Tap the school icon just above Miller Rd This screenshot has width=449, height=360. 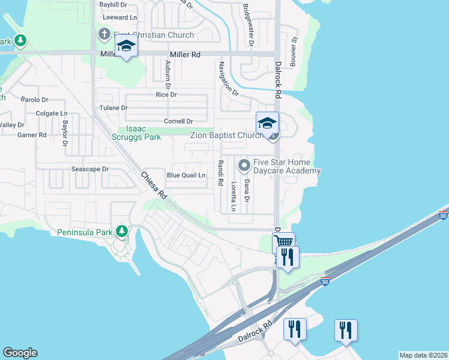point(126,46)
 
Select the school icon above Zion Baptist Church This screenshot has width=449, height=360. point(267,123)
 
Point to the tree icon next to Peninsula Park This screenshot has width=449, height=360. point(122,231)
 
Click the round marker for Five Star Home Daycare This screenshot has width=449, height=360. point(244,164)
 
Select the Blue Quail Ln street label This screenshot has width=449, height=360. point(186,175)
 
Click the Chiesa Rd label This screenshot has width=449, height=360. point(154,187)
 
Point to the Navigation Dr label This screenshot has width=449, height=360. point(229,79)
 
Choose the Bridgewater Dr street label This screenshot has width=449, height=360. point(248,25)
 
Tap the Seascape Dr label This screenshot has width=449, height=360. point(90,169)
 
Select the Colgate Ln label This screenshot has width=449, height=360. point(52,113)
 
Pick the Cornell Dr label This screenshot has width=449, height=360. point(179,121)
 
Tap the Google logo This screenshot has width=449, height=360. point(20,353)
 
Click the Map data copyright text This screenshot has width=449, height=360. point(423,355)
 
